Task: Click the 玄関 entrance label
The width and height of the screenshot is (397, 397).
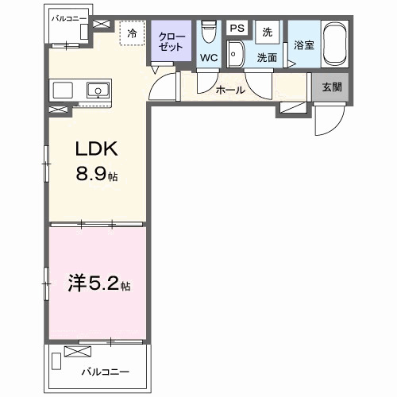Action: pyautogui.click(x=331, y=88)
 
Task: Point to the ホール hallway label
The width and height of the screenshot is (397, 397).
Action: pyautogui.click(x=230, y=90)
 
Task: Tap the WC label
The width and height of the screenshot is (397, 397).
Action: pyautogui.click(x=209, y=58)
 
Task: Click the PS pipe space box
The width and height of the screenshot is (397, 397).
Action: pyautogui.click(x=236, y=29)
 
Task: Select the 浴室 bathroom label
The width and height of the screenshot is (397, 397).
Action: pyautogui.click(x=303, y=45)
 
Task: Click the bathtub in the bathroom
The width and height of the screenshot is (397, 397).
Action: pyautogui.click(x=334, y=45)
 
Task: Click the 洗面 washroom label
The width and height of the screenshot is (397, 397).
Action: pyautogui.click(x=265, y=58)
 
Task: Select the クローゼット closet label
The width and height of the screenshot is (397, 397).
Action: pyautogui.click(x=171, y=41)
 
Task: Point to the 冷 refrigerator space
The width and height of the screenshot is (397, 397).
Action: pyautogui.click(x=132, y=33)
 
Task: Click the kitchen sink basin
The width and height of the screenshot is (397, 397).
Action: pyautogui.click(x=98, y=90)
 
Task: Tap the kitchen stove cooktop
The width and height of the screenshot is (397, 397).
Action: pyautogui.click(x=64, y=90)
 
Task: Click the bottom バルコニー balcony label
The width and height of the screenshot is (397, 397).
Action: pyautogui.click(x=106, y=370)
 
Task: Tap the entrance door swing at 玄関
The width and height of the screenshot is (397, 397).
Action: pyautogui.click(x=326, y=120)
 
